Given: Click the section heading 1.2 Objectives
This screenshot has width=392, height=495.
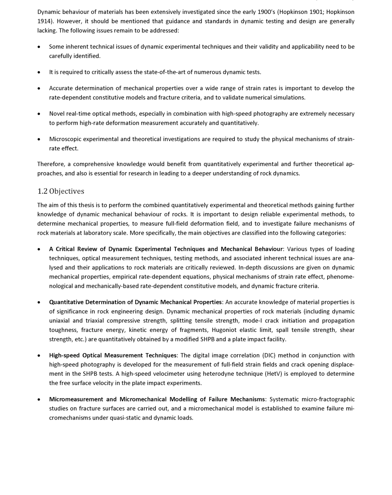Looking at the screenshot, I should (x=60, y=191).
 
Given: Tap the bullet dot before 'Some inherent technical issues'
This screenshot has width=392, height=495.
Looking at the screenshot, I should (x=39, y=47).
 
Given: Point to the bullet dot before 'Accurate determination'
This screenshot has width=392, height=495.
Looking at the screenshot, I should (x=39, y=88).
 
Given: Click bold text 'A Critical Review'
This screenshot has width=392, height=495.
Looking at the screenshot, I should (x=77, y=249).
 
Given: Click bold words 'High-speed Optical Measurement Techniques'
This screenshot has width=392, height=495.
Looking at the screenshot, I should (x=113, y=356).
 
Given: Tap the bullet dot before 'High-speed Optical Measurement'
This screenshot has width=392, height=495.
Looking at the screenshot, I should (x=39, y=356).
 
